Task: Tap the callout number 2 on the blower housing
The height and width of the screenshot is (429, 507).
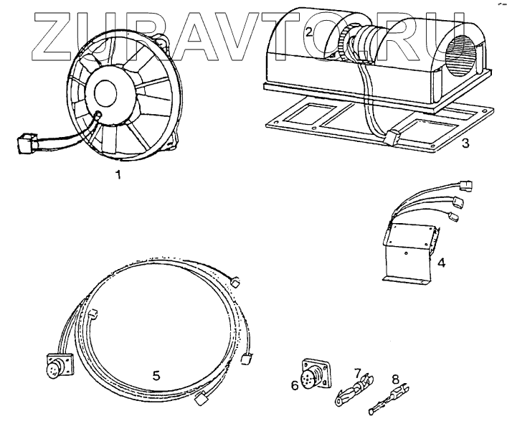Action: point(308,32)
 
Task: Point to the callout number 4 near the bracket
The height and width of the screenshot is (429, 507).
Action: point(442,263)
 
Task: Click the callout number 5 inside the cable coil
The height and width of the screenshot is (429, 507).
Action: point(156,374)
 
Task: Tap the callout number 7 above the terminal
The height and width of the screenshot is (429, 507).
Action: point(357,373)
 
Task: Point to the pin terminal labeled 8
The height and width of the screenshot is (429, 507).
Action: point(388,403)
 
